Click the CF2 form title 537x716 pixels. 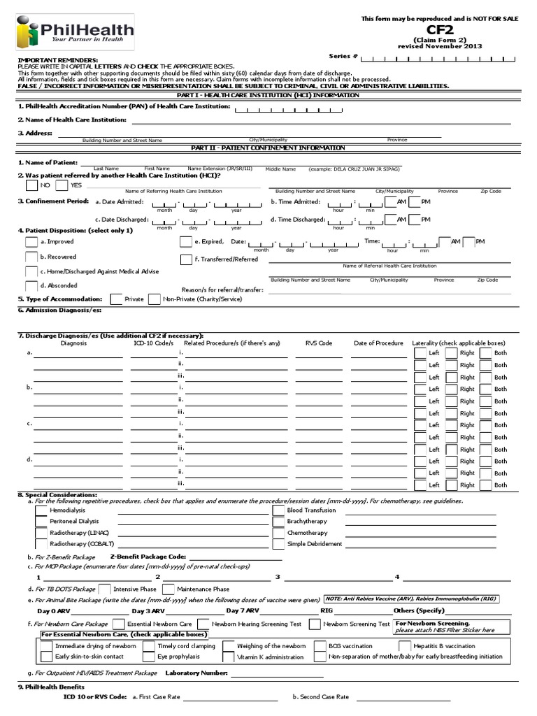(x=440, y=30)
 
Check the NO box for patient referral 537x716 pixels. (x=31, y=185)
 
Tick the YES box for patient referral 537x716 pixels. (x=62, y=185)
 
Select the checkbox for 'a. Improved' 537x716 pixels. (x=31, y=241)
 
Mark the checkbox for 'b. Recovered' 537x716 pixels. (x=31, y=257)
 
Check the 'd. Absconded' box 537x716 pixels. (x=31, y=285)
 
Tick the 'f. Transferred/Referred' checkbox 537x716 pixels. (x=186, y=259)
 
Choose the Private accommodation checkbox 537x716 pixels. (x=117, y=299)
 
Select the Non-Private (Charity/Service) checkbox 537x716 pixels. (x=155, y=299)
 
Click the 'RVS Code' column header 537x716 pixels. (x=318, y=343)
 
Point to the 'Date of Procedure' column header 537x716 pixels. (x=378, y=343)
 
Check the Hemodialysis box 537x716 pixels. (x=41, y=510)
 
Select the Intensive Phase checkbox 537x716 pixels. (x=105, y=589)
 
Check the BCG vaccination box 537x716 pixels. (x=320, y=646)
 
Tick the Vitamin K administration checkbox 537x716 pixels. (x=228, y=657)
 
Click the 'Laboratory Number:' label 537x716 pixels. (x=196, y=673)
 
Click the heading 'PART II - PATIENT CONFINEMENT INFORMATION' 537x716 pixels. (x=268, y=148)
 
